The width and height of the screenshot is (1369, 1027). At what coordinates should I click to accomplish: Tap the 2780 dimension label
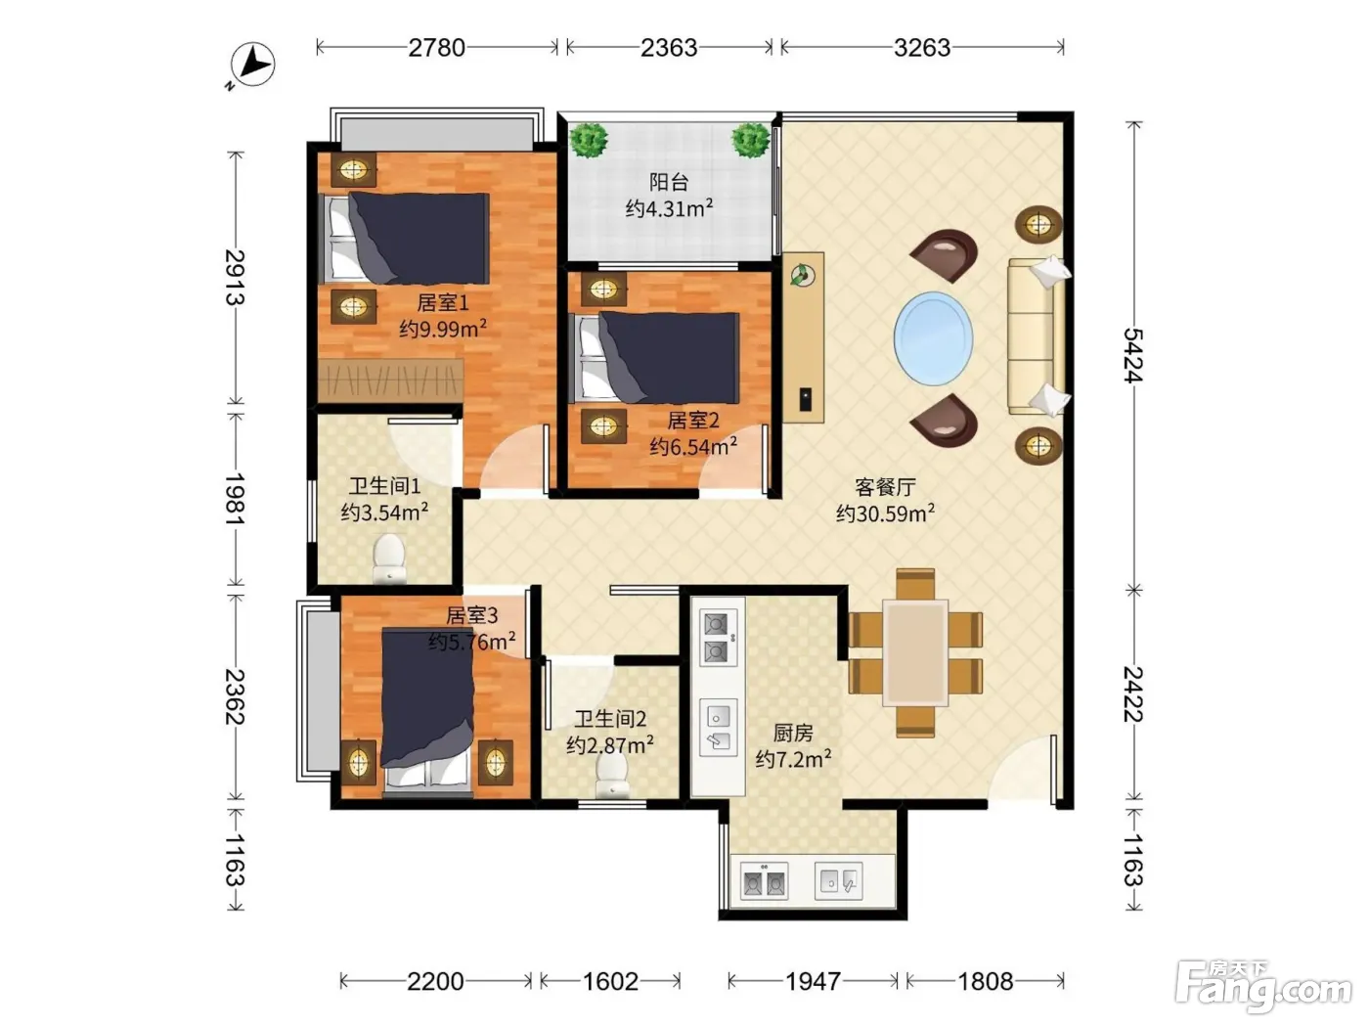click(x=436, y=47)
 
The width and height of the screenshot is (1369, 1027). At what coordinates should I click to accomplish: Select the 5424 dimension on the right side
click(x=1133, y=355)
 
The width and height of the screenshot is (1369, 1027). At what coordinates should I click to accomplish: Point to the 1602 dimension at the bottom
click(x=610, y=981)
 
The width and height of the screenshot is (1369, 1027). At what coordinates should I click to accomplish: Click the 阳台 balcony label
click(x=669, y=182)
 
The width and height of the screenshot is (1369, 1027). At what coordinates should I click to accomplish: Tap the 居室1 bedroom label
click(x=442, y=303)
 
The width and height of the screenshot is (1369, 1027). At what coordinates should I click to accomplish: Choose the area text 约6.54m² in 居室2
click(x=693, y=446)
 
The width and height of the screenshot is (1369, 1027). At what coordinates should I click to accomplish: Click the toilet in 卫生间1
click(x=389, y=558)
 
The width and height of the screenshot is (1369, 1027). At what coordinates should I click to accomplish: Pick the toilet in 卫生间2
click(x=612, y=777)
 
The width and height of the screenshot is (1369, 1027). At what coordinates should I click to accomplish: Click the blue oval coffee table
click(x=933, y=338)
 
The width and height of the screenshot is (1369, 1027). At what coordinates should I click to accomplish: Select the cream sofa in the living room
click(x=1038, y=336)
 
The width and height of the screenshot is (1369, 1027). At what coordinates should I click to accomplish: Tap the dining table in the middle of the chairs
click(x=915, y=652)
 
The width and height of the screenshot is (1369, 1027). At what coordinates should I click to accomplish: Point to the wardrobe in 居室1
click(x=390, y=380)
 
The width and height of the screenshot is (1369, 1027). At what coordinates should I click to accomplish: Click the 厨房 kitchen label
click(x=793, y=733)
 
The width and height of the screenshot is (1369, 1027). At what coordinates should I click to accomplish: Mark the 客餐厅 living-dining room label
click(x=885, y=487)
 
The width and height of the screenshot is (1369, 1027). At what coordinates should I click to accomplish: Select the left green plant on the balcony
click(x=588, y=140)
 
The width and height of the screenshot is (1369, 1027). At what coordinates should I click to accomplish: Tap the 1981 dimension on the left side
click(x=235, y=499)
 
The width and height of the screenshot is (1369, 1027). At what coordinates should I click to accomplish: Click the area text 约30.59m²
click(x=885, y=513)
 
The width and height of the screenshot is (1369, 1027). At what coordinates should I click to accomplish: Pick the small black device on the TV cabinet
click(x=806, y=399)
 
